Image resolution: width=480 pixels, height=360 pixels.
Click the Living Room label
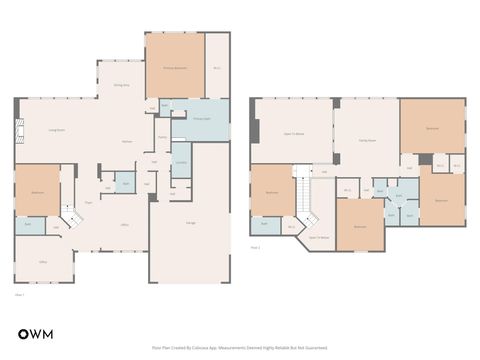tap(57, 130)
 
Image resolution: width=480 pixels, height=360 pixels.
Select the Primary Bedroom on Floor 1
tap(175, 66)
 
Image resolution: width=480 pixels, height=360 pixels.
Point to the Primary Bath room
tap(201, 119)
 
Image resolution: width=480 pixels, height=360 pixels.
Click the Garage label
tap(190, 222)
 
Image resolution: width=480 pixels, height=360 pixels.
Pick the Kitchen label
tap(128, 141)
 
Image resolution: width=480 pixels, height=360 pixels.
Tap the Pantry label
tap(162, 137)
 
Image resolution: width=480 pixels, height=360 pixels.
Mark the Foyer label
tap(88, 203)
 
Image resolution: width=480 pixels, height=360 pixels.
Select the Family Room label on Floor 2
tap(367, 141)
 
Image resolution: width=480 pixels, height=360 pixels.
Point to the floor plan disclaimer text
tap(240, 348)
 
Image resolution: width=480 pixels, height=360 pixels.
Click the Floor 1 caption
tap(20, 295)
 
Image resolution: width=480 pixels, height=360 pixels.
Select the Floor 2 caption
tap(256, 246)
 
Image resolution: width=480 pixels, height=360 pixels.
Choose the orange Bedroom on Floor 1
tap(37, 190)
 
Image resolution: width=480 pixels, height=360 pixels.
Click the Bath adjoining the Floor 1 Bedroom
tap(28, 225)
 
